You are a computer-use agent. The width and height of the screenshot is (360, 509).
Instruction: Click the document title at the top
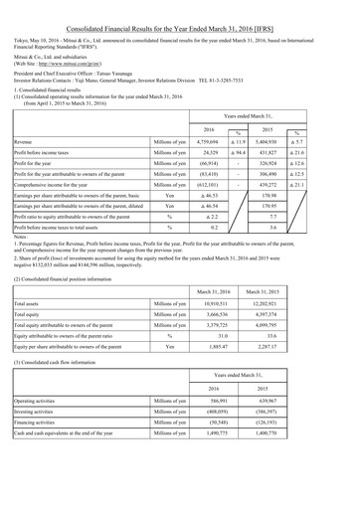[179, 10]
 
